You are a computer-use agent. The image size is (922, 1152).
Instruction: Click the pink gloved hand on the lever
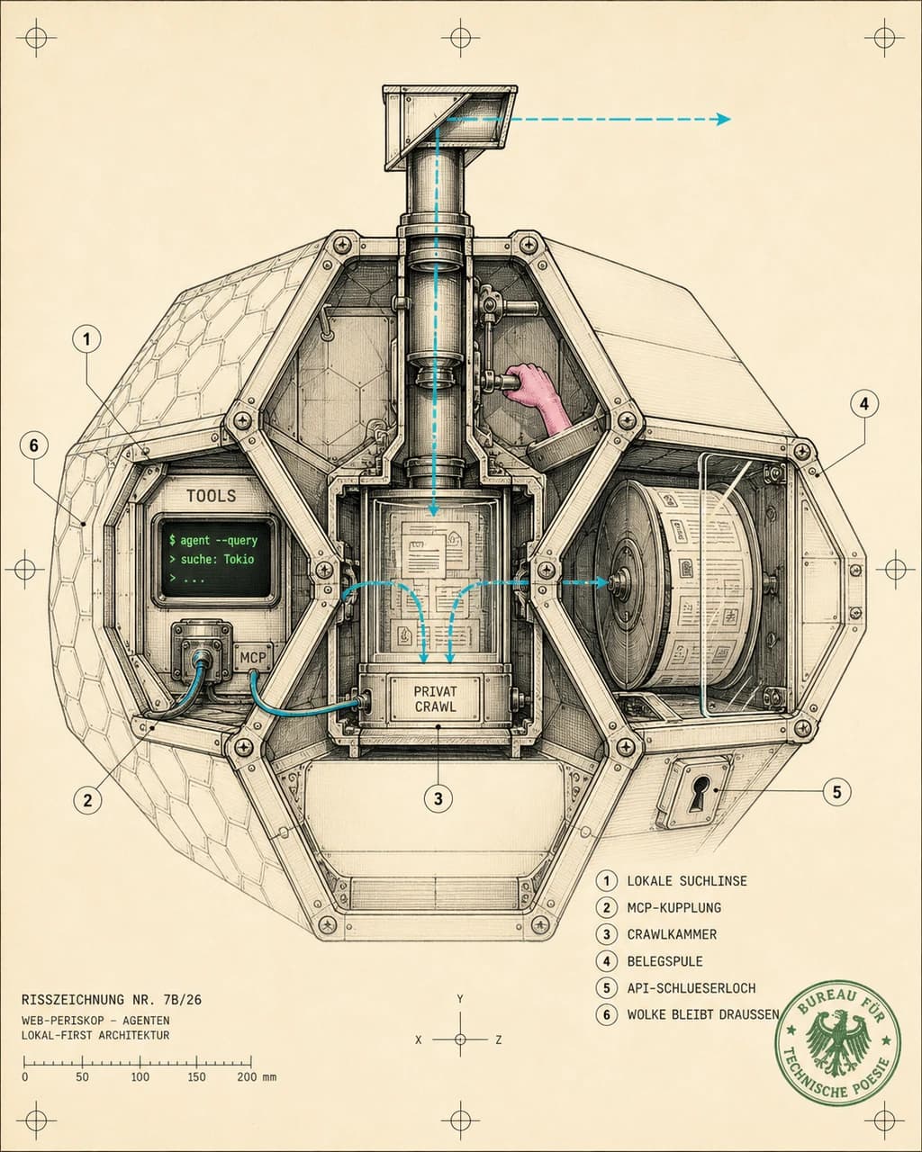coord(531,388)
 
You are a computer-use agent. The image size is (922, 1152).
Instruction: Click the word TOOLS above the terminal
coord(211,496)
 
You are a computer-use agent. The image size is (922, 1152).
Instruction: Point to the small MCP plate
coord(253,657)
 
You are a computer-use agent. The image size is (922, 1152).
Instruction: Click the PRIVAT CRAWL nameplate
coord(436,699)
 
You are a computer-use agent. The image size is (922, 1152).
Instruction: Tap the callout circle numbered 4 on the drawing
coord(864,405)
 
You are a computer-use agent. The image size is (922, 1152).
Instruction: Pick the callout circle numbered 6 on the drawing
coord(33,445)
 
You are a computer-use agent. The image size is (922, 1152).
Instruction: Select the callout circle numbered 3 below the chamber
coord(438,798)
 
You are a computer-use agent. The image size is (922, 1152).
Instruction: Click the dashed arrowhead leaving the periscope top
coord(724,119)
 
